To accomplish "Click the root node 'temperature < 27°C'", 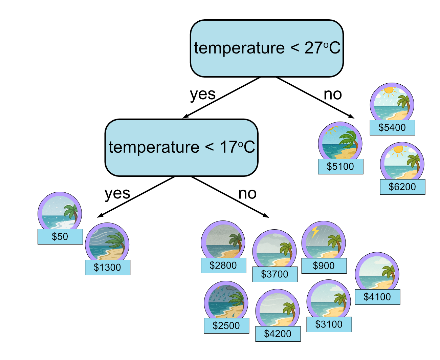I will [x=267, y=48].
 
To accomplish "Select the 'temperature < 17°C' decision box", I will [x=181, y=148].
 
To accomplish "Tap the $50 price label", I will [x=60, y=236].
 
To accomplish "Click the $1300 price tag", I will [x=107, y=268].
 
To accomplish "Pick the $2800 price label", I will [x=223, y=265].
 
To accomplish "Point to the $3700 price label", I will [x=274, y=274].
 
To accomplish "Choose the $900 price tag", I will [x=324, y=266].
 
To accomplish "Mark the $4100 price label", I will [x=377, y=297].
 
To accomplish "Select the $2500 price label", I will [x=226, y=325].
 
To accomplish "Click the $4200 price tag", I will [x=278, y=334].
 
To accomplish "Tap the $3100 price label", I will [x=329, y=324].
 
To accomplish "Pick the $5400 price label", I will [x=392, y=127].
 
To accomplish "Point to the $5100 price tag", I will [x=340, y=166].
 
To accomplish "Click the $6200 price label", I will [x=402, y=187].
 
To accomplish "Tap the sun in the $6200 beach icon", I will [x=398, y=149].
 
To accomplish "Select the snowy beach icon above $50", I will [x=60, y=212].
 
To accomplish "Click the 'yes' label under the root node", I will [x=202, y=94].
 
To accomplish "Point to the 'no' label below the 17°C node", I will [x=247, y=194].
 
